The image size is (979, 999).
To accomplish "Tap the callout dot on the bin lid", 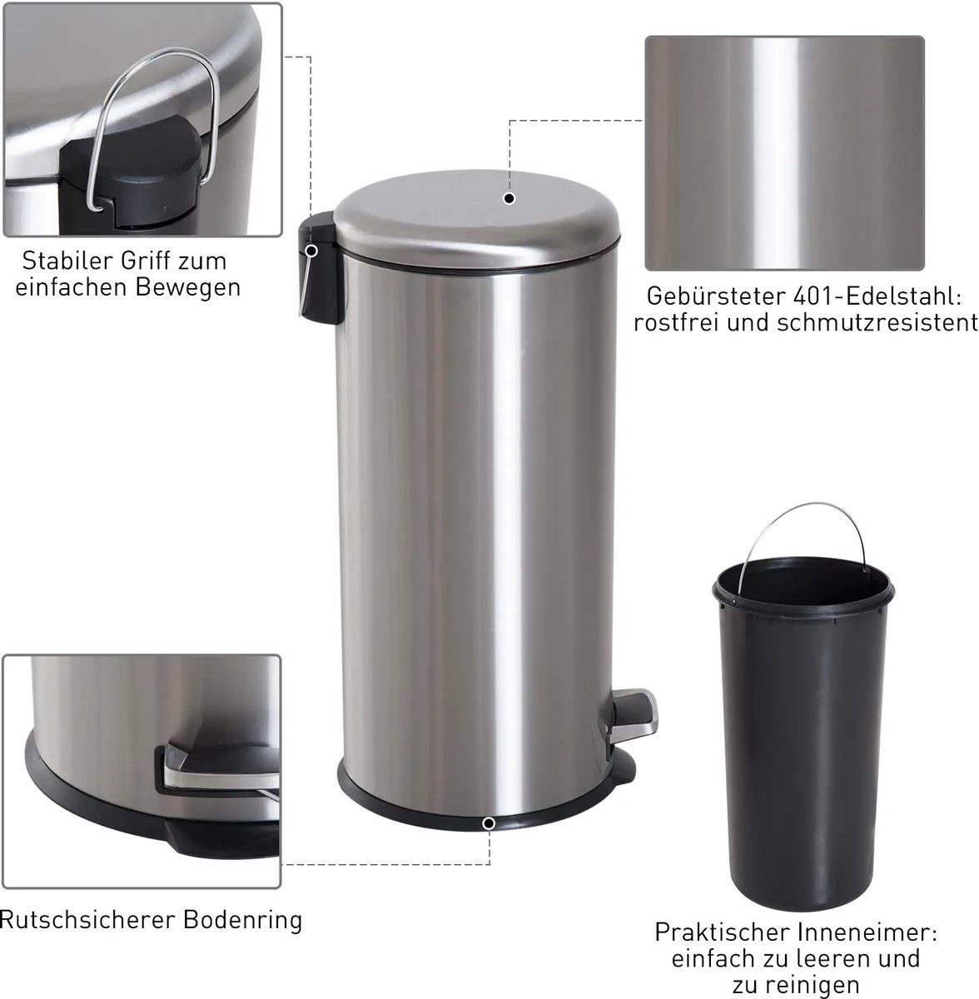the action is click(509, 198).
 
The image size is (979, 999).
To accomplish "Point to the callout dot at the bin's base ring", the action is click(489, 823).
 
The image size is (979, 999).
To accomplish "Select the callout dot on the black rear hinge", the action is click(311, 251).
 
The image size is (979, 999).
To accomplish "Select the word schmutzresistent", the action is click(877, 322).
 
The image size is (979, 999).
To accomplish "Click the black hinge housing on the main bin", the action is click(320, 268).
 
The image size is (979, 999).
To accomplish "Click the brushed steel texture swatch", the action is click(784, 153).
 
